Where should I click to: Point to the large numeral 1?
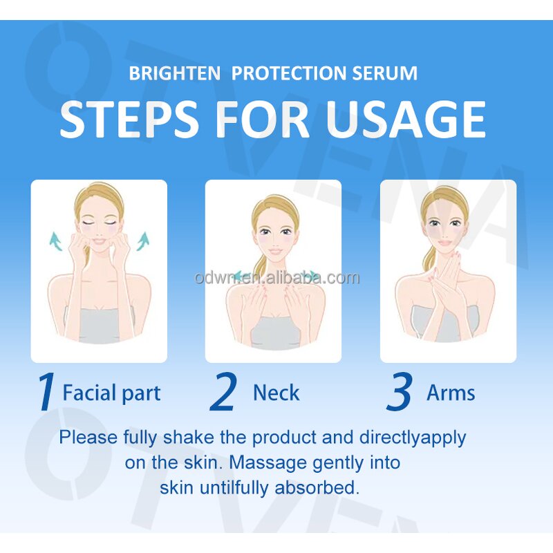46,393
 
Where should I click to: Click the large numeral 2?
223,393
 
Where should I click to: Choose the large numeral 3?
400,393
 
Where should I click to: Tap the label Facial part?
111,393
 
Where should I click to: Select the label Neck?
276,393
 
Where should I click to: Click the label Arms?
451,393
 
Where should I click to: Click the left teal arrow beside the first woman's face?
56,241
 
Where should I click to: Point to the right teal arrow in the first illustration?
143,241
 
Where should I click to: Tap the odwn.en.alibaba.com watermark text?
276,278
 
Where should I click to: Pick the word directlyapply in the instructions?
413,437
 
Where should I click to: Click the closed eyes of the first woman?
100,225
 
